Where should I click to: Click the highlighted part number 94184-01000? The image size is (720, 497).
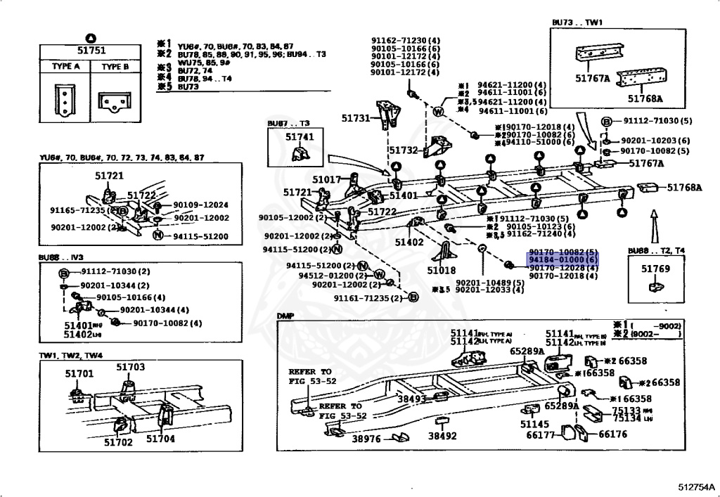coord(562,260)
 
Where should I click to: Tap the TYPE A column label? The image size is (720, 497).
coord(66,67)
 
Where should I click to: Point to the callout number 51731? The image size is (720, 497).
coord(356,119)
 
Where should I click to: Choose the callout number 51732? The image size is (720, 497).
coord(403,150)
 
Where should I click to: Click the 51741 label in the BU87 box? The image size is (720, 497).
coord(300,136)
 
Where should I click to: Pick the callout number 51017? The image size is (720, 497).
coord(327,180)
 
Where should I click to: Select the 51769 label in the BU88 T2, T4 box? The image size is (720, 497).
coord(655,269)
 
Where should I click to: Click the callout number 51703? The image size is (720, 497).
coord(130,367)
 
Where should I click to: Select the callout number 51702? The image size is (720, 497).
coord(118,442)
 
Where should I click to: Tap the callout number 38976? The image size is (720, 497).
coord(366,438)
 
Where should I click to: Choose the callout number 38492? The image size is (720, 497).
coord(442,436)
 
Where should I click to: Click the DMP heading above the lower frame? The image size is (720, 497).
coord(285,316)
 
